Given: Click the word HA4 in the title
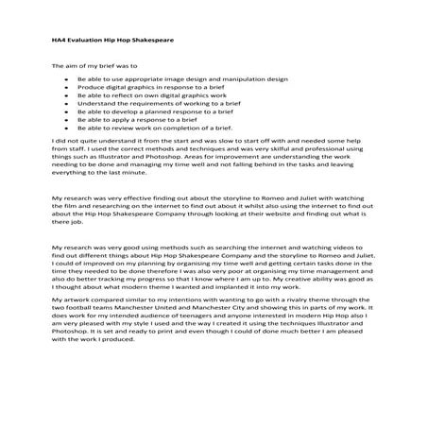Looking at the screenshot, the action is coord(59,42).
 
